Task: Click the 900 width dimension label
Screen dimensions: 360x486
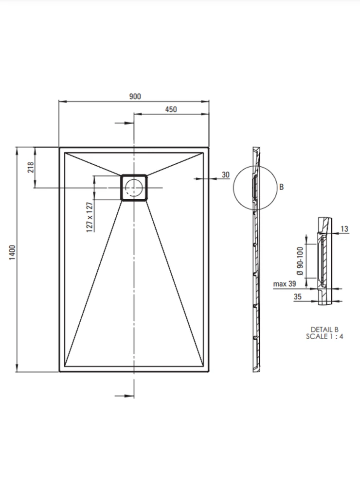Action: [135, 96]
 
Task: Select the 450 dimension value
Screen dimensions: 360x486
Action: [171, 109]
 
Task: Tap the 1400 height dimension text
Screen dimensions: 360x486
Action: [12, 253]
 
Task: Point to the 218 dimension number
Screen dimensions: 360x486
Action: [31, 167]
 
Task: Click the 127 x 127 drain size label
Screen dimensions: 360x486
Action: [90, 217]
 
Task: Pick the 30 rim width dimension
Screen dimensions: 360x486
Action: [226, 175]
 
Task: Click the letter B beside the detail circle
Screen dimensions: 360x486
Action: [281, 187]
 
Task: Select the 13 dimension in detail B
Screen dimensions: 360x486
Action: [344, 229]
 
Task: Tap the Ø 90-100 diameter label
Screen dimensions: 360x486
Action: [300, 261]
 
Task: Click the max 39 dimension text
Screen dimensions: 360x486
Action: [285, 284]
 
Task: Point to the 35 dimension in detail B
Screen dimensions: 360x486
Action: [298, 296]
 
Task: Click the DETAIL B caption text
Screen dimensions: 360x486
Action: [324, 330]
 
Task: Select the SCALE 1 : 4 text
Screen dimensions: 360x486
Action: [324, 336]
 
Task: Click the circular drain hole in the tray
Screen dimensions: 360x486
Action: [134, 188]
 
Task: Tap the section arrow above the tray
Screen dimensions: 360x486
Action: [125, 123]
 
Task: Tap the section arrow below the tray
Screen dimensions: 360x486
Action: [125, 396]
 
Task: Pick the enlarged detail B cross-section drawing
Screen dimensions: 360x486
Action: [324, 261]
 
